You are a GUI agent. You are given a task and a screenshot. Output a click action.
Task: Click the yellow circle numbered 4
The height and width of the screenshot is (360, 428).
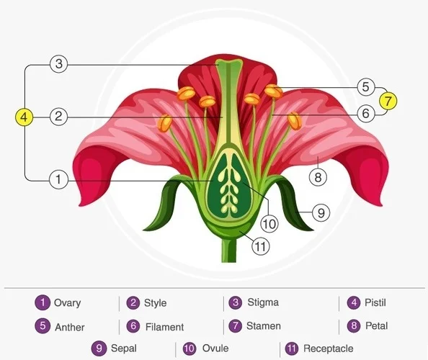tap(24, 117)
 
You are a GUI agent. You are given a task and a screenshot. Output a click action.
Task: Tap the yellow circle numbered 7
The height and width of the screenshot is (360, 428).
tap(388, 101)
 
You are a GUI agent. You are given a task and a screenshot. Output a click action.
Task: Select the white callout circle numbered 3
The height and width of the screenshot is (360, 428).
tap(59, 64)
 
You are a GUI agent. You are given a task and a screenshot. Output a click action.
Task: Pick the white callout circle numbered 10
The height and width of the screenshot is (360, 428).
tap(269, 224)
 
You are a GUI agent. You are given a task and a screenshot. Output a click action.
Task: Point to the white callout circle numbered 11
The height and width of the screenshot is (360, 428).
tap(261, 246)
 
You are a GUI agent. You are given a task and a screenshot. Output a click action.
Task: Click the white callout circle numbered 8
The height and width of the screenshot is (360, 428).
tap(318, 177)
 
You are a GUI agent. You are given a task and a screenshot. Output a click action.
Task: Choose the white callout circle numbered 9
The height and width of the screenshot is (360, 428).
tap(321, 212)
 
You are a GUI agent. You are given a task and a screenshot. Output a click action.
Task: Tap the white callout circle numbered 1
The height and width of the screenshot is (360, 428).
tap(58, 179)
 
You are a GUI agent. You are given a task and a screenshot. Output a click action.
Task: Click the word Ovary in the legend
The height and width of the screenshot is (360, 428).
tap(68, 303)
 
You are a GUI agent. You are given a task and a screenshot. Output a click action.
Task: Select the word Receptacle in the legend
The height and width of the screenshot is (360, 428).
tap(329, 348)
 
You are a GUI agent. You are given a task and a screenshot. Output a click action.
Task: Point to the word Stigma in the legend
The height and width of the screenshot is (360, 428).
tap(263, 302)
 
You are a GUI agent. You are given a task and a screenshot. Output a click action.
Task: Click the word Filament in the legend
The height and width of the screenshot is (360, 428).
tap(164, 327)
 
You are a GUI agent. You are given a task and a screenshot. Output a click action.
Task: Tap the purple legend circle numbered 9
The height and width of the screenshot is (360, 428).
tap(99, 348)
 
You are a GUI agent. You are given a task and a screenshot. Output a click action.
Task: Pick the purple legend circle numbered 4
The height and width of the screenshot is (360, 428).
tap(354, 302)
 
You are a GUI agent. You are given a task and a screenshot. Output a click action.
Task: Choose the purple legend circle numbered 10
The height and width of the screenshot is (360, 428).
tap(190, 348)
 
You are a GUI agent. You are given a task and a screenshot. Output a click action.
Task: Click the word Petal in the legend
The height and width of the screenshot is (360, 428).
tap(376, 325)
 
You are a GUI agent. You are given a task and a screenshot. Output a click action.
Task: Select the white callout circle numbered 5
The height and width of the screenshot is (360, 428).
tap(366, 87)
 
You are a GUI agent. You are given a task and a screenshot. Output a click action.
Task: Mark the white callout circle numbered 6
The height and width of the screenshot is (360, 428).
tap(366, 113)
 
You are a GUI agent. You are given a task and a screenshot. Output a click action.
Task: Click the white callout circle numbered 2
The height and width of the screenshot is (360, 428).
tap(58, 117)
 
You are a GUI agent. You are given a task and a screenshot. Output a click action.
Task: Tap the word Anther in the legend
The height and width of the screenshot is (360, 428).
tap(70, 327)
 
